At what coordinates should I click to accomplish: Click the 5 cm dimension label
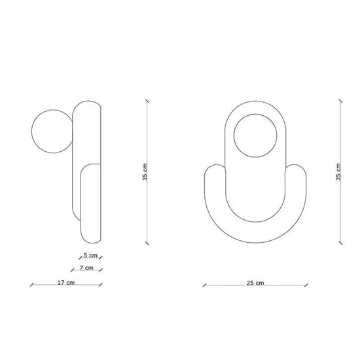tap(90, 255)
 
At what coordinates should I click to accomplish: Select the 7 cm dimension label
tap(86, 268)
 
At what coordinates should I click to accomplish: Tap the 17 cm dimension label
tap(66, 282)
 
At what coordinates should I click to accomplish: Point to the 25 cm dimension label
tap(255, 283)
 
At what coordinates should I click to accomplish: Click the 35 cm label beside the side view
tap(145, 172)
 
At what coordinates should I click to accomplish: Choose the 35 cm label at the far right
tap(338, 172)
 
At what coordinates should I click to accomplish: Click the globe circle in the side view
tap(52, 131)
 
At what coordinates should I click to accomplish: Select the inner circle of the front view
tap(255, 135)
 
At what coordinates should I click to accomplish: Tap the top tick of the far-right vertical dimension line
tap(341, 101)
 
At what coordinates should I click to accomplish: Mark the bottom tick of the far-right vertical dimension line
tap(341, 243)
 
